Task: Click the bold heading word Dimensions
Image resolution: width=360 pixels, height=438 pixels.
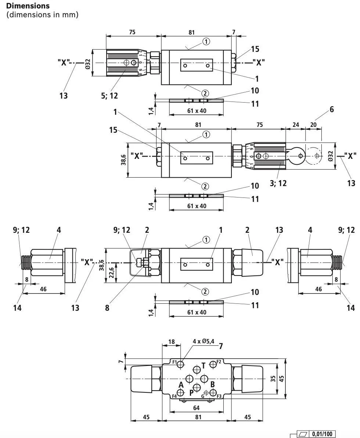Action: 28,6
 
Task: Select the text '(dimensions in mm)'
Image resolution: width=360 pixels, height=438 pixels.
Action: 42,15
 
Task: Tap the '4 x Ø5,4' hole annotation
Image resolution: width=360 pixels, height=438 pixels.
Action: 203,341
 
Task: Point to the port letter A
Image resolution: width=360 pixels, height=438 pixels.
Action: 181,385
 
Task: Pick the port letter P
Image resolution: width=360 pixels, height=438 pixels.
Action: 191,392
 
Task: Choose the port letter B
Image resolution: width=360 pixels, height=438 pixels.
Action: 212,384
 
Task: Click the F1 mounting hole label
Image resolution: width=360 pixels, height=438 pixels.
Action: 174,362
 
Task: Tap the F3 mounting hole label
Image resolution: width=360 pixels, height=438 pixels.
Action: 219,396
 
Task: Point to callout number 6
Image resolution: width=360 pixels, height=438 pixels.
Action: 332,109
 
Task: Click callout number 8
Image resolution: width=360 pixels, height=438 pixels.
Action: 107,308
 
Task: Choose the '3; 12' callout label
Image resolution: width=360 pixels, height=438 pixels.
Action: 278,183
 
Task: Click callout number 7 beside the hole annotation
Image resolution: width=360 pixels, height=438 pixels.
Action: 221,346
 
